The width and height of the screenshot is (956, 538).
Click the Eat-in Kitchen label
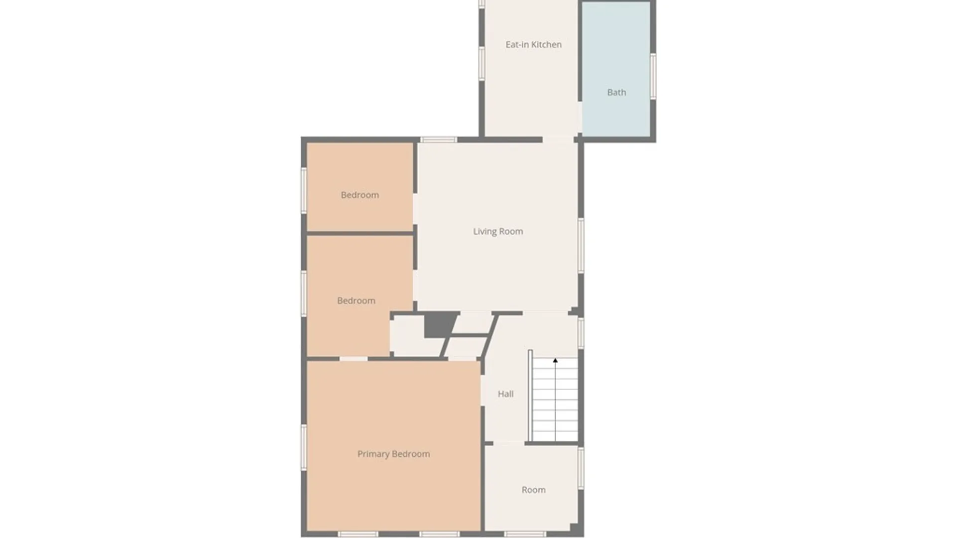[533, 45]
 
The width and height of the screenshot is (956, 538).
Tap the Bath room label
[616, 93]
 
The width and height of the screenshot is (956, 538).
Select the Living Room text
[498, 232]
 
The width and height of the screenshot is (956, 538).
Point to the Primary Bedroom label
[393, 454]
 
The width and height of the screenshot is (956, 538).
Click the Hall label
[505, 394]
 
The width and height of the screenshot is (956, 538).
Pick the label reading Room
[533, 490]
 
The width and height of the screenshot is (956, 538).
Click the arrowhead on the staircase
[555, 360]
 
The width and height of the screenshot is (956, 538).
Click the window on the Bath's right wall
[653, 76]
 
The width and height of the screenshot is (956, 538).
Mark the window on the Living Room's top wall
[438, 140]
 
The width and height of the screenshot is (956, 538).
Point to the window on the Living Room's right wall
[581, 245]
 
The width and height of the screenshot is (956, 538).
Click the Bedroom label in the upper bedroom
[359, 195]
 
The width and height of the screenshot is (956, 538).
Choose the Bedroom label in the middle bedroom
[356, 301]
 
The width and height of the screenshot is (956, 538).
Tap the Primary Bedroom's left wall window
[304, 447]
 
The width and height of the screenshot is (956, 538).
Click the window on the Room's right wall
[581, 468]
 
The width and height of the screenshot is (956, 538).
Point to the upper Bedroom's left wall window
[304, 191]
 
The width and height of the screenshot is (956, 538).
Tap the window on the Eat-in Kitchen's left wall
[481, 63]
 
